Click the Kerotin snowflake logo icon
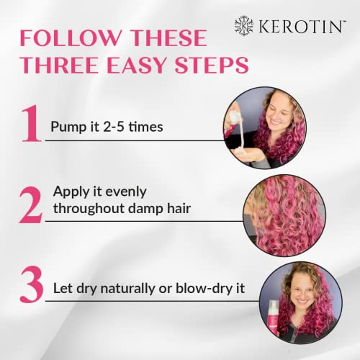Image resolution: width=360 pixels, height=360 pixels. [x=244, y=26]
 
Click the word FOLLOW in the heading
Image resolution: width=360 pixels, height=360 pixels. [x=71, y=37]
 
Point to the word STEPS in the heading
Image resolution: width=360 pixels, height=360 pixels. [x=212, y=66]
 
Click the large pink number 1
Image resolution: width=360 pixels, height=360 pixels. [x=31, y=123]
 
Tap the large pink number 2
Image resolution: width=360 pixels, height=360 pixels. [x=31, y=204]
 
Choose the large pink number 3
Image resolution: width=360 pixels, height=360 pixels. [x=32, y=284]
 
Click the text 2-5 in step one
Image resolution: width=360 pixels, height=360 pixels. [x=114, y=127]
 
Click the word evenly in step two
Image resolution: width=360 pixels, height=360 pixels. [x=126, y=192]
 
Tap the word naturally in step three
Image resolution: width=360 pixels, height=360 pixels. [x=128, y=289]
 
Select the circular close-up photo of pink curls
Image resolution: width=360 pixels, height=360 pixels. [x=284, y=215]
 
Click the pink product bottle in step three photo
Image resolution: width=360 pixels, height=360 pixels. [x=273, y=317]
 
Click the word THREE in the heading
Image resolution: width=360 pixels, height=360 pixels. [x=60, y=66]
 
